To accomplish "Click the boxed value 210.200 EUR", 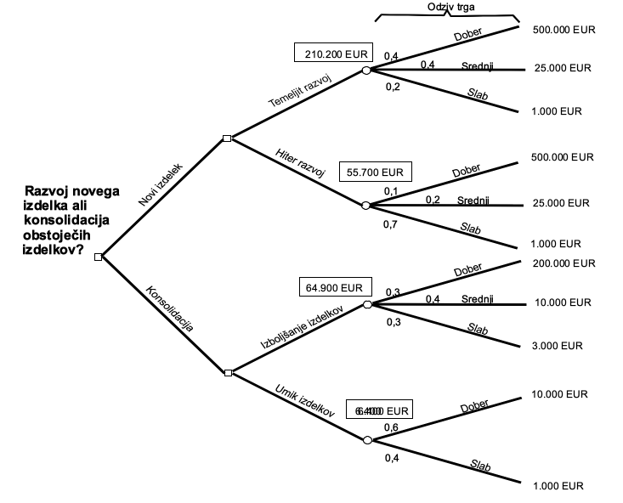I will pyautogui.click(x=332, y=53).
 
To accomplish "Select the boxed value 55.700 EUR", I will pyautogui.click(x=375, y=172).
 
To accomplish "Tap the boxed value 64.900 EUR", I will pyautogui.click(x=336, y=287).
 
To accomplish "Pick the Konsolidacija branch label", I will pyautogui.click(x=170, y=307).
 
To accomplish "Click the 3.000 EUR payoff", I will pyautogui.click(x=558, y=346).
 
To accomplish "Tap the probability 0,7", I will pyautogui.click(x=391, y=225).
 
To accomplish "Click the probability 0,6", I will pyautogui.click(x=392, y=427).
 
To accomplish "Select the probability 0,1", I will pyautogui.click(x=391, y=191).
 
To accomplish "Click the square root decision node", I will pyautogui.click(x=99, y=257).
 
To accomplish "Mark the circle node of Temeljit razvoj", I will pyautogui.click(x=366, y=71).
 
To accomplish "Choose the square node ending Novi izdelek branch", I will pyautogui.click(x=227, y=138).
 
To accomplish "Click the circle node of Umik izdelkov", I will pyautogui.click(x=367, y=440).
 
